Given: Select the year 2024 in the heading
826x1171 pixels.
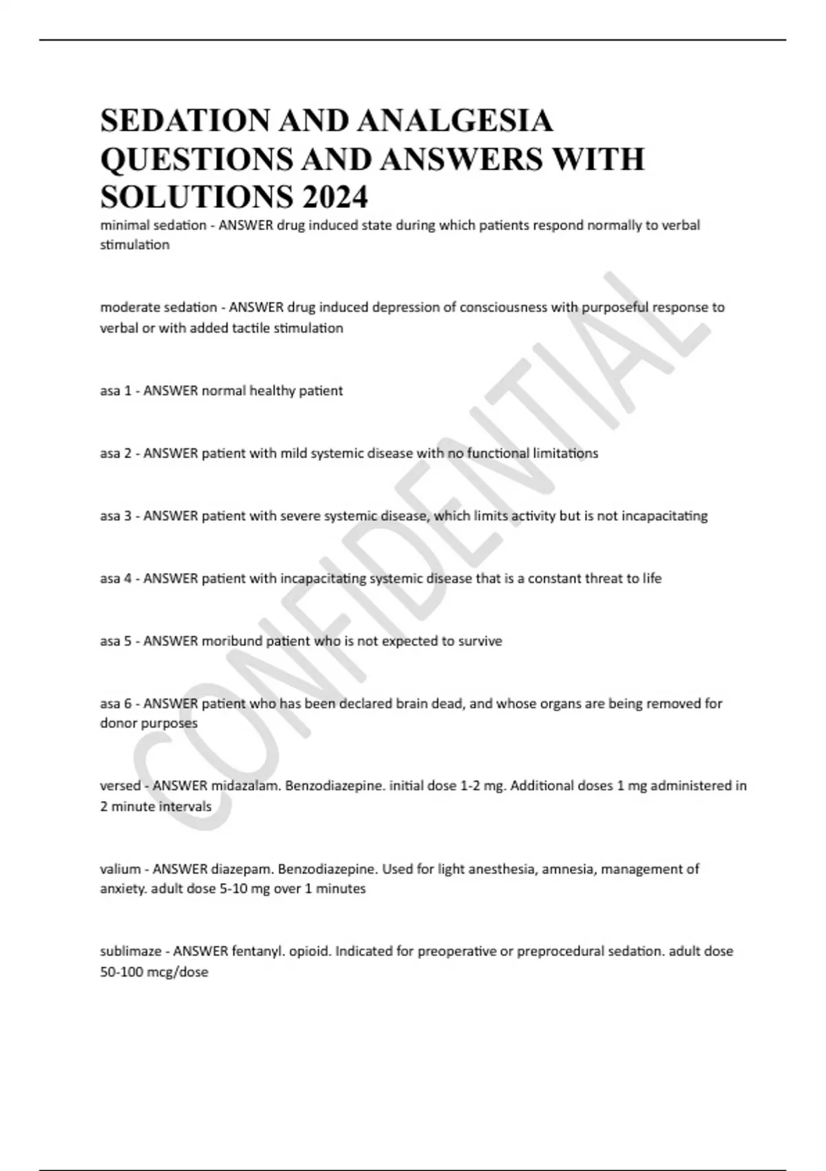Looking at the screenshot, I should coord(333,198).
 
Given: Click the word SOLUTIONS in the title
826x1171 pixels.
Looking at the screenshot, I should coord(193,198).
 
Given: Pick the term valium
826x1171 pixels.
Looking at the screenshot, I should coord(120,869).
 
